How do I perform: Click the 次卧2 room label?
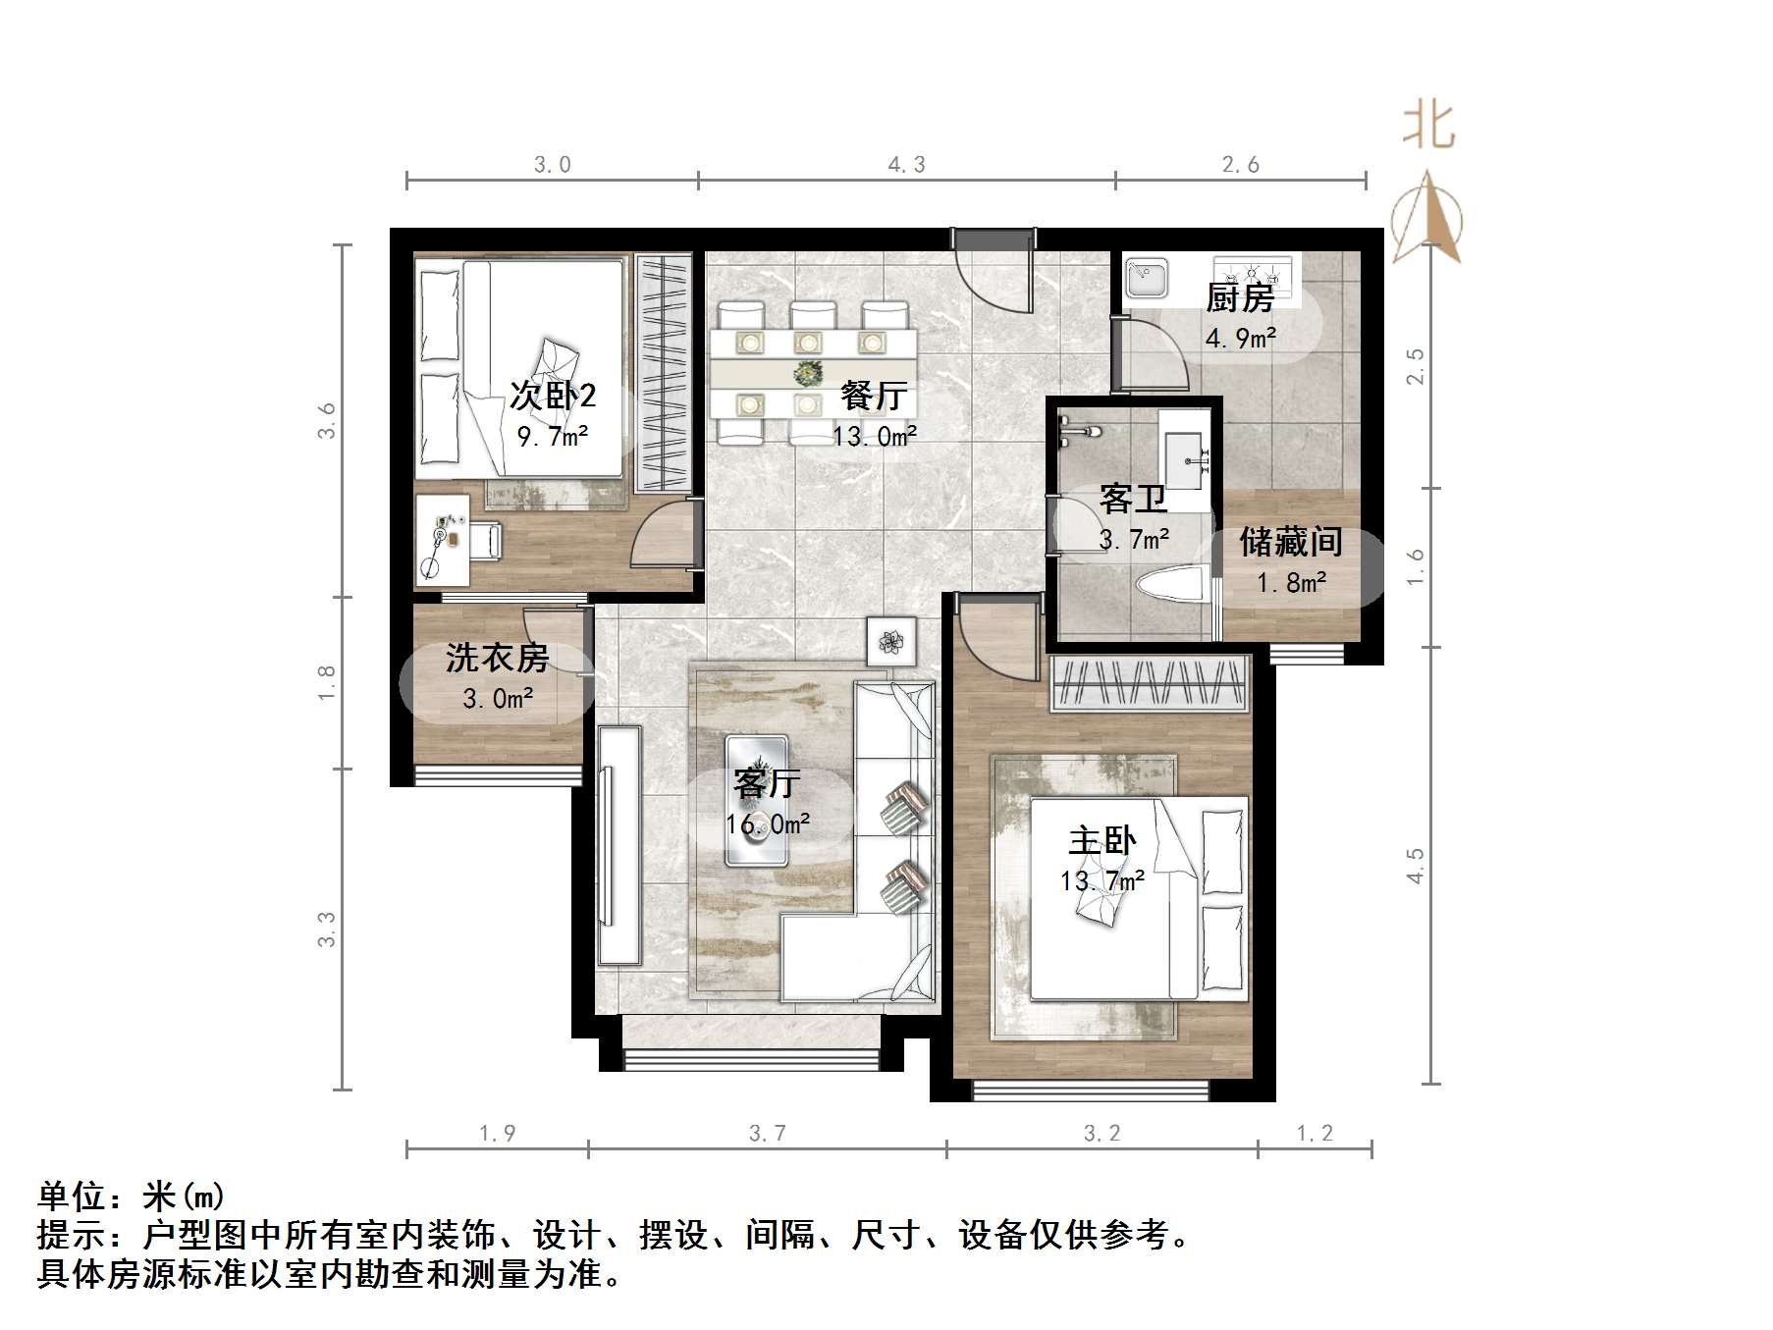coord(553,396)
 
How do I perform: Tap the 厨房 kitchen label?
coord(1240,297)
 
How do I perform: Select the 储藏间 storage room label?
coord(1290,542)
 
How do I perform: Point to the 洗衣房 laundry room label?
coord(497,658)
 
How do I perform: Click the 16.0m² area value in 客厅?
coord(768,825)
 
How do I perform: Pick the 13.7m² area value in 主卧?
coord(1101,880)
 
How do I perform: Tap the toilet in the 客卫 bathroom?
coord(1171,587)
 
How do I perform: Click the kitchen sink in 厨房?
coord(1145,277)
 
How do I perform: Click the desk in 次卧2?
coord(441,540)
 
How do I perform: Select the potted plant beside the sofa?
coord(891,642)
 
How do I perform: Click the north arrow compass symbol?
coord(1426,218)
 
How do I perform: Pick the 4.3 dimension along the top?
coord(906,165)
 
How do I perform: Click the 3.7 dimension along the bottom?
coord(767,1134)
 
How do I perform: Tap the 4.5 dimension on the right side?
coord(1415,866)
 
